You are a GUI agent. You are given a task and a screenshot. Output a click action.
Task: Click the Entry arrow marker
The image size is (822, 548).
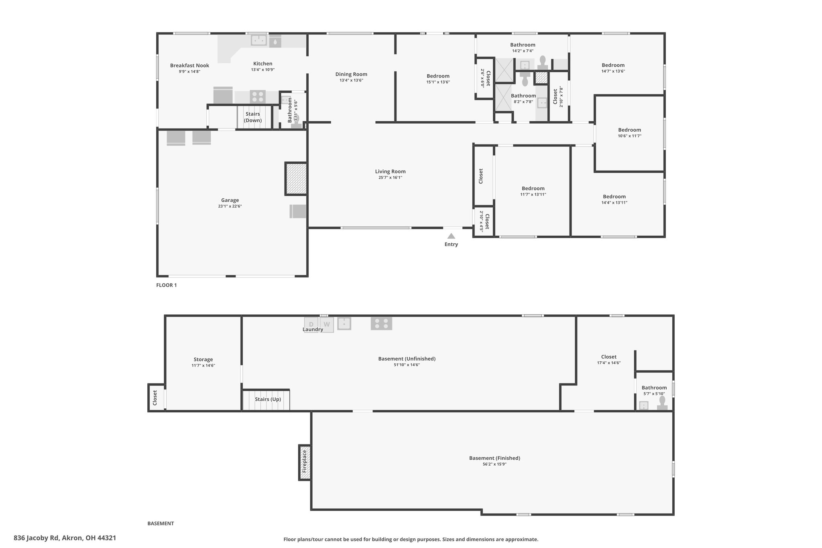pos(451,236)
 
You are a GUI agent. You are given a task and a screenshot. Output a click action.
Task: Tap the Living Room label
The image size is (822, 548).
pos(390,171)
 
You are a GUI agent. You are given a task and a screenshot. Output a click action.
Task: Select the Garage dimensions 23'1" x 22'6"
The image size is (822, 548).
pos(230,206)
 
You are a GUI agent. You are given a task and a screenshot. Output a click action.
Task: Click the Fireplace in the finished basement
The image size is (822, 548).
pos(305,462)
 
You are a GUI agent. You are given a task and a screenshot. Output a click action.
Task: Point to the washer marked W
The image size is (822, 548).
pos(327,325)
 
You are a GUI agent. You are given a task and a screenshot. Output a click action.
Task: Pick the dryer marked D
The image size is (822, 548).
pos(311,324)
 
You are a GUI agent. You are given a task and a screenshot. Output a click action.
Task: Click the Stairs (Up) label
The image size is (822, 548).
pos(268,399)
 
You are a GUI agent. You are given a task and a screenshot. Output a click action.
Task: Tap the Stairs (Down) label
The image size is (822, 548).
pos(253,117)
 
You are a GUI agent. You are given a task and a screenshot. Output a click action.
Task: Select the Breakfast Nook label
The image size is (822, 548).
pos(189,65)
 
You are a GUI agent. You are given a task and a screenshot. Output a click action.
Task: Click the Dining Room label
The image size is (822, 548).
pos(351,74)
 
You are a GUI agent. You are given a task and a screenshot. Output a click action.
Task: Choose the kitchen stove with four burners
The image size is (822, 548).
pos(258,97)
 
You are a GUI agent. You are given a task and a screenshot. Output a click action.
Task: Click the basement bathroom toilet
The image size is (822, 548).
pos(662,403)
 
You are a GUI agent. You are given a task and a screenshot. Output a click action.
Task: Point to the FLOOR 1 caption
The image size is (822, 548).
pos(167,285)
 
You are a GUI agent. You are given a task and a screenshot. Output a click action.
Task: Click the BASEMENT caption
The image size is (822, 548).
pos(161,524)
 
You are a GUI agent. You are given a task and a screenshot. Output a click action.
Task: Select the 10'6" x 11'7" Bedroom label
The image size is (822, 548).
pos(629,130)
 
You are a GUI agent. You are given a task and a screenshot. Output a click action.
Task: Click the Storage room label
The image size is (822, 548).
pos(203,359)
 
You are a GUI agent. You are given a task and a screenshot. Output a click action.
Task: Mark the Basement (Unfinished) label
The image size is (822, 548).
pos(407,359)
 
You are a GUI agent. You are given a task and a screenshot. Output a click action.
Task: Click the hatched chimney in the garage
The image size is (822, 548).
pos(296,179)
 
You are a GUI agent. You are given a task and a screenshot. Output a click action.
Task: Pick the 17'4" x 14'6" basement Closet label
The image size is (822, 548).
pos(609,357)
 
